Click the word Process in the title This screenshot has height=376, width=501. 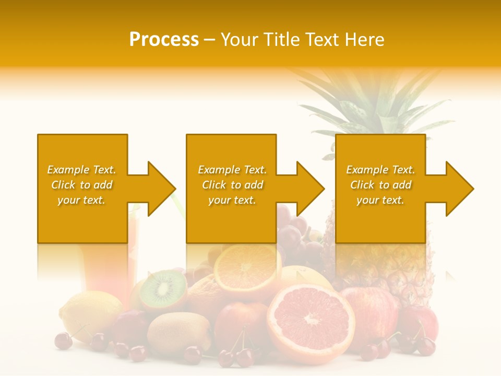164,39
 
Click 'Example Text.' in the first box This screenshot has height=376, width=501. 81,170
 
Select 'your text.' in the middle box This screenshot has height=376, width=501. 232,200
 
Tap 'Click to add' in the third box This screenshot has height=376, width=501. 380,185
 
